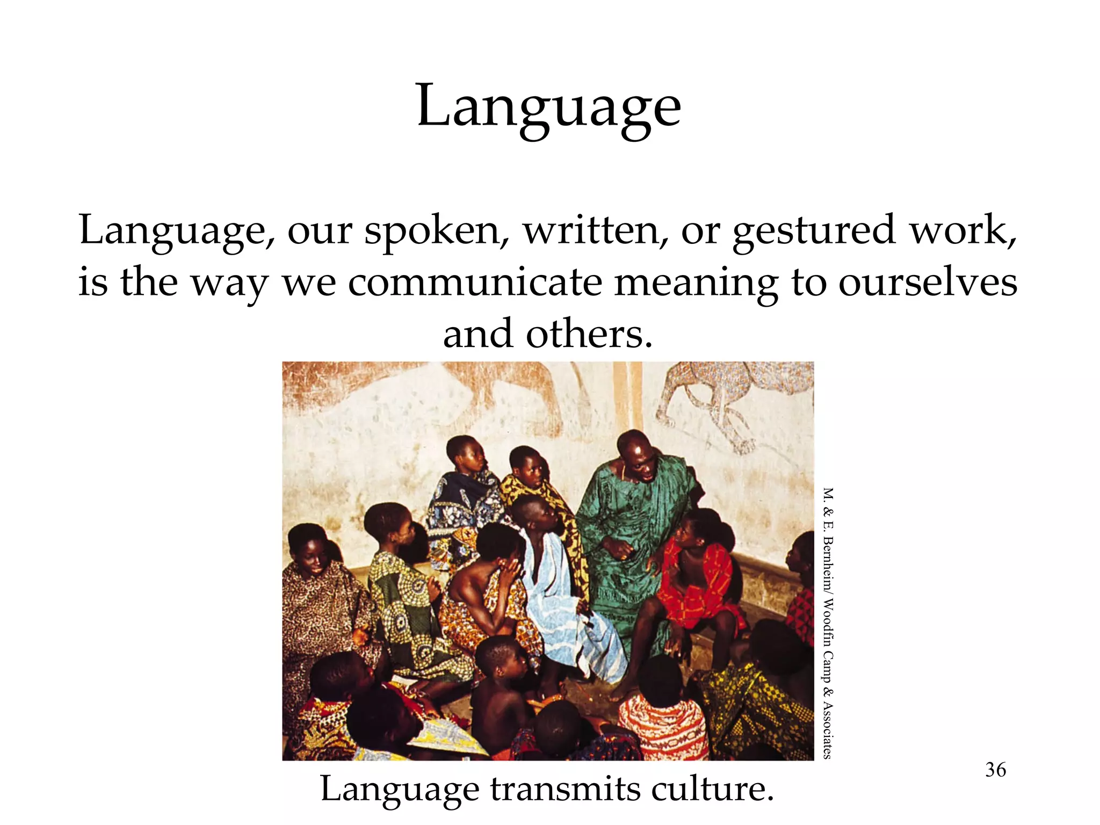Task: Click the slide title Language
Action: click(x=548, y=107)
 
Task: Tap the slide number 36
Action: click(x=995, y=770)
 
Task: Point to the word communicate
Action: click(x=475, y=283)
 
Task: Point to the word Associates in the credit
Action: click(x=828, y=730)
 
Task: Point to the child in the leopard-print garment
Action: click(x=317, y=591)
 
